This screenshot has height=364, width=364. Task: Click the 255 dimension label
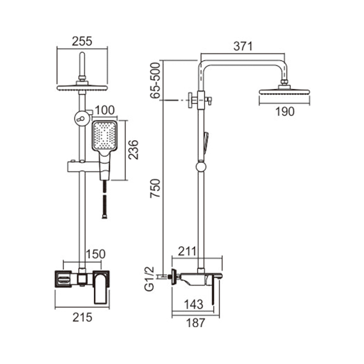point(82,41)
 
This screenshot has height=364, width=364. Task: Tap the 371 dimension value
point(243,46)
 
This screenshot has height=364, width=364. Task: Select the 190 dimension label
point(285,111)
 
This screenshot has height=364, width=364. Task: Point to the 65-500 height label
point(156,81)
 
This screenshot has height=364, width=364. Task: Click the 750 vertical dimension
point(156,188)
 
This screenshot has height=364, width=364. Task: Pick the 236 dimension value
point(133,150)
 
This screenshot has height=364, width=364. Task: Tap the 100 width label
point(105,110)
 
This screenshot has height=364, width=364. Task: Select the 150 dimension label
point(96,254)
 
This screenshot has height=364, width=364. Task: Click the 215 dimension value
point(82,317)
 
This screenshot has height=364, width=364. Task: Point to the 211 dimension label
point(187,251)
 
